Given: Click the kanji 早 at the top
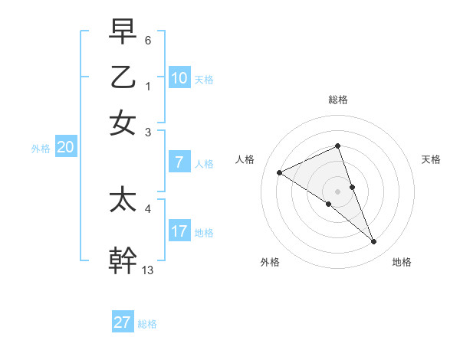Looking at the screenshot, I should tap(123, 31).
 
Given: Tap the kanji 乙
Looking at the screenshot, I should tap(123, 77).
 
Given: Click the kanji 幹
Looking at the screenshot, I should tap(123, 259).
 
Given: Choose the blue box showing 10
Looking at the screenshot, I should tap(179, 77).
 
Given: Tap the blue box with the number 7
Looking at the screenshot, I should tap(179, 162).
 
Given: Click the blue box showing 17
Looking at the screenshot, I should tap(179, 231).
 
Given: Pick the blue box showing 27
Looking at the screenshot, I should tap(123, 322).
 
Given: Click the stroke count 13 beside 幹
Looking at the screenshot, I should tap(148, 270).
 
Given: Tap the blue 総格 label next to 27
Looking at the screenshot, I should tap(147, 324).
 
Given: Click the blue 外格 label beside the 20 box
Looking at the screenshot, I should tap(40, 149).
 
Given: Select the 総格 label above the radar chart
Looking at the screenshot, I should tap(338, 100).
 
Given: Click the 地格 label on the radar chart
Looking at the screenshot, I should tap(402, 263).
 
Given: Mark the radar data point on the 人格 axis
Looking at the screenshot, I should tap(280, 172).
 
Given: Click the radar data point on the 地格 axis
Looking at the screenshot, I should tap(374, 241).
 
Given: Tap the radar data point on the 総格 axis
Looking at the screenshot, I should tap(338, 146).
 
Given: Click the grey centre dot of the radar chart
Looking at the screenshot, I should tap(338, 191).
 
